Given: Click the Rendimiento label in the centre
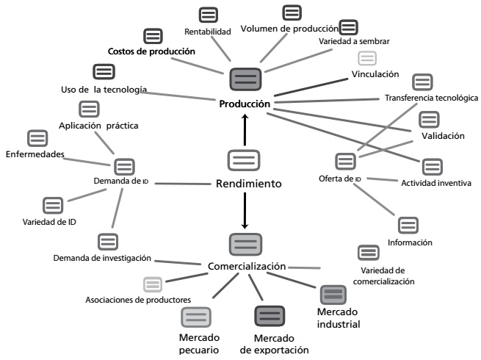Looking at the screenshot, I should (x=248, y=184).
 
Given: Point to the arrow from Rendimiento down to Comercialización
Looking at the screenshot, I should (x=245, y=210).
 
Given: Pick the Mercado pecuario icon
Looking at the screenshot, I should (x=196, y=317).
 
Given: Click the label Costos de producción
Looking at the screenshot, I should (x=151, y=51).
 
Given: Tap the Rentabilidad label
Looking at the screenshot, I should (x=208, y=32).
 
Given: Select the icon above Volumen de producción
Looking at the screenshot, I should (x=292, y=12).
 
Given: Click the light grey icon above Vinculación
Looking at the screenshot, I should (x=366, y=58).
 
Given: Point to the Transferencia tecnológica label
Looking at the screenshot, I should (x=431, y=98).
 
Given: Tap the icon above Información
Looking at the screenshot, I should (x=408, y=225).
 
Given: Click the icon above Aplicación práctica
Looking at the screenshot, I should (x=89, y=109).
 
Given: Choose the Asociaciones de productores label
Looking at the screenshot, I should (x=138, y=299).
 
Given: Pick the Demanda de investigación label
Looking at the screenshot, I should (x=102, y=258).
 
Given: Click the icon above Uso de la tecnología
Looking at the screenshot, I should (x=104, y=72).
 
